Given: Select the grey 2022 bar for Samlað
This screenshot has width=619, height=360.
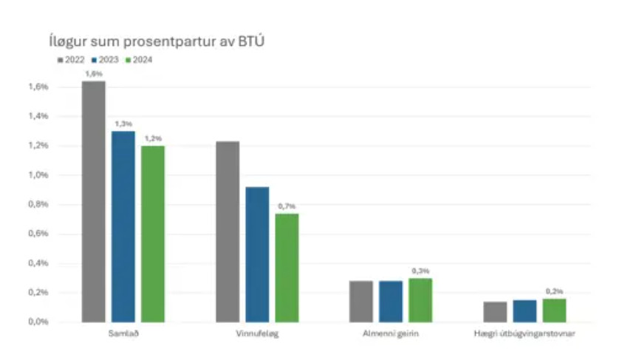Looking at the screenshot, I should [94, 201].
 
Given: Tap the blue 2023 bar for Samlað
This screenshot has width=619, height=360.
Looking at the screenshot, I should [123, 226].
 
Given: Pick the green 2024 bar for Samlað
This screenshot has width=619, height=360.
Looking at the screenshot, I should [153, 234].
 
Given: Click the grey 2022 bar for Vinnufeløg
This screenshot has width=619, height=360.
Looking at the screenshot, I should [228, 231].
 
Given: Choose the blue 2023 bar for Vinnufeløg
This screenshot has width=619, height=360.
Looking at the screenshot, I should [257, 254].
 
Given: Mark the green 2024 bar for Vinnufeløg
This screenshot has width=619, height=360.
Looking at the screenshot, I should [287, 268].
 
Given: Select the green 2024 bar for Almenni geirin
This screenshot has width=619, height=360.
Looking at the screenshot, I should [420, 300].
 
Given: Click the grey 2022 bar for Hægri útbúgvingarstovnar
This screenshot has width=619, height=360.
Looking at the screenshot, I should [495, 312].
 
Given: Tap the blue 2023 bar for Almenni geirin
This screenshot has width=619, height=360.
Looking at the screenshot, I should [391, 302].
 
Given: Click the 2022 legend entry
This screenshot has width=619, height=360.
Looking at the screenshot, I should [71, 59].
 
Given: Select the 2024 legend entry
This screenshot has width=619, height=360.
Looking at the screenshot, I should [140, 59].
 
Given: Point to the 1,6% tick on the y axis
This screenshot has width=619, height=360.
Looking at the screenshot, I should [38, 87].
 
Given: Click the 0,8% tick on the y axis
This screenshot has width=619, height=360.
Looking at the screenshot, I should [38, 205].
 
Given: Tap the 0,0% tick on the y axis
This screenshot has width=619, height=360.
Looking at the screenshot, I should [38, 322].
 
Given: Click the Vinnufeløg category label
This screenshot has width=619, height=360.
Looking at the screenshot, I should [257, 335].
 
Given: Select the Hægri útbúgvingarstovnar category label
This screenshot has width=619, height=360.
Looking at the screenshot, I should [524, 335].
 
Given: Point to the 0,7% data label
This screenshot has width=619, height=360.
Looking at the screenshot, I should [287, 206].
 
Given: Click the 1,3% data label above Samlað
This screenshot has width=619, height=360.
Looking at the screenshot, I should [123, 123].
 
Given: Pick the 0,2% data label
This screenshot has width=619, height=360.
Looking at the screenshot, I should [554, 291].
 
